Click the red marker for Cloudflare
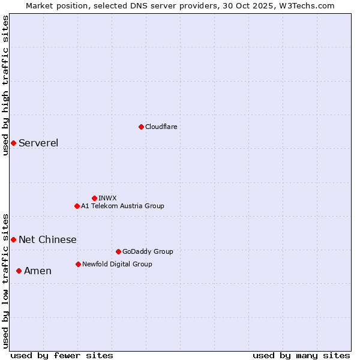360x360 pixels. click(x=141, y=127)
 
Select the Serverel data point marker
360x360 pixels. click(x=13, y=143)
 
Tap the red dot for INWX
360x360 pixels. click(x=94, y=198)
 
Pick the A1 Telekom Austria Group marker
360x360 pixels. click(x=77, y=206)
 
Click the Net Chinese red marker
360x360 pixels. click(x=13, y=239)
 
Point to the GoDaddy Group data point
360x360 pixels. click(x=118, y=251)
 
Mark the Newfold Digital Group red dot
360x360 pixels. click(x=78, y=264)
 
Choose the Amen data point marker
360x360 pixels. click(x=19, y=271)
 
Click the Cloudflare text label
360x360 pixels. click(x=161, y=127)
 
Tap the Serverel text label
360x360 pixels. click(x=38, y=143)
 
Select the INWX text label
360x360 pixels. click(x=107, y=198)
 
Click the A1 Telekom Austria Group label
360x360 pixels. click(x=122, y=206)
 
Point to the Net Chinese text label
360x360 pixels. click(x=47, y=239)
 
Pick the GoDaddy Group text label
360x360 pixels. click(x=148, y=251)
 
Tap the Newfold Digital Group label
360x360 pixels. click(x=117, y=264)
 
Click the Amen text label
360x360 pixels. click(x=38, y=271)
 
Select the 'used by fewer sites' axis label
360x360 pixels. click(x=62, y=355)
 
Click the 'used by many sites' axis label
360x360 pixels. click(x=301, y=355)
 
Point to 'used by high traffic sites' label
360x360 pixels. click(x=5, y=85)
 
